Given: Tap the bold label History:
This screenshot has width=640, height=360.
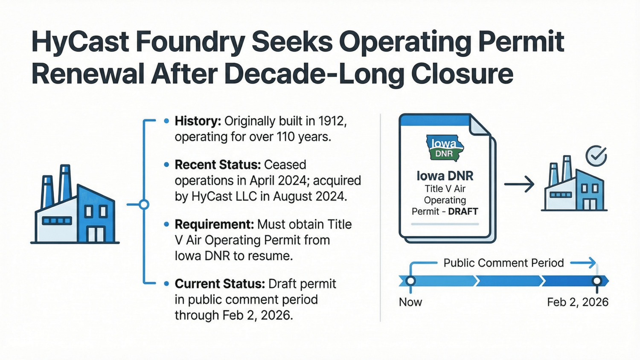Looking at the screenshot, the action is pos(198,122).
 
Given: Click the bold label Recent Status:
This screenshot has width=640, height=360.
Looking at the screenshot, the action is pos(218,165).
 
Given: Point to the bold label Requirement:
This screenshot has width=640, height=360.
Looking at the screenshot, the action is pos(214,224).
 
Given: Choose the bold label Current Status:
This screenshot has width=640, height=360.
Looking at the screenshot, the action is pos(220,284).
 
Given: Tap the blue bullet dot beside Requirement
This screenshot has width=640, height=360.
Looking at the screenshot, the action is pos(166,224).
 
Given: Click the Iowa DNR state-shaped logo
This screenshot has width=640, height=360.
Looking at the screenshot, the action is pos(445,148).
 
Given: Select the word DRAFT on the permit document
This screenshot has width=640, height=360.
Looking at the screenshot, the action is pos(463,212).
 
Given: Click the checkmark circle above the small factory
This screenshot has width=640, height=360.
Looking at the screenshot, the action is pos(596,156).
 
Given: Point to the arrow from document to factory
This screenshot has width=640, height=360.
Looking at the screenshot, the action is pos(519,184).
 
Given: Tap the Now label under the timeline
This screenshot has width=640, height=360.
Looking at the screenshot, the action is pos(410,302).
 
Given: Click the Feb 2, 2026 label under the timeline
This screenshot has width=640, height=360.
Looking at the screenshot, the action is pos(577,302).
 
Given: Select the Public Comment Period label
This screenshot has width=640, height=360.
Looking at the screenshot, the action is pos(503,263).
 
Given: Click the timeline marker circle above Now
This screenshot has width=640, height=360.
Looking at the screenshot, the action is pos(410,281).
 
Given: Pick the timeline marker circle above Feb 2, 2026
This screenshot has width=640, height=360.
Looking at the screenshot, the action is pos(597,281).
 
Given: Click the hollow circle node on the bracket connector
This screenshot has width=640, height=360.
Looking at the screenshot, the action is pos(144,205).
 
